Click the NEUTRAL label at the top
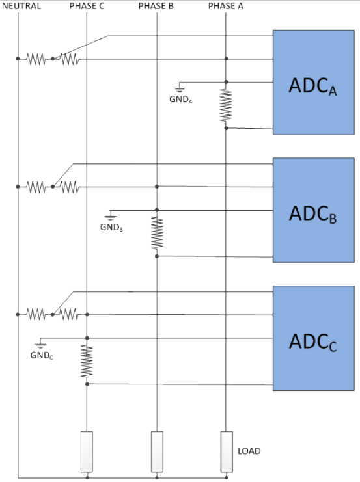pyautogui.click(x=22, y=6)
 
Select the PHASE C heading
pyautogui.click(x=87, y=6)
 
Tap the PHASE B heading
pyautogui.click(x=156, y=6)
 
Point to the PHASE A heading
pyautogui.click(x=226, y=6)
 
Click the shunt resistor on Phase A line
pyautogui.click(x=226, y=105)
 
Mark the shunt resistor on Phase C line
pyautogui.click(x=87, y=361)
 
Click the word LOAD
pyautogui.click(x=249, y=450)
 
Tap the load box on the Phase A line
pyautogui.click(x=226, y=451)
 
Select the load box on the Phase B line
pyautogui.click(x=156, y=451)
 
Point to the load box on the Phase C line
pyautogui.click(x=87, y=451)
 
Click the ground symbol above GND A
pyautogui.click(x=180, y=88)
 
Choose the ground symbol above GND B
pyautogui.click(x=111, y=217)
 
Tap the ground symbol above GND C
pyautogui.click(x=41, y=345)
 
